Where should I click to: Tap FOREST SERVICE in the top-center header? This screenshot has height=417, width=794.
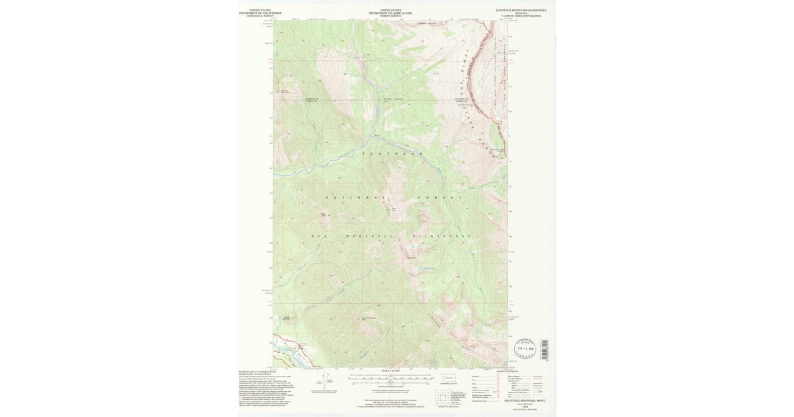(x=390, y=15)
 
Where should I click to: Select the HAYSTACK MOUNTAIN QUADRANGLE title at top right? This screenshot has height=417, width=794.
(x=521, y=10)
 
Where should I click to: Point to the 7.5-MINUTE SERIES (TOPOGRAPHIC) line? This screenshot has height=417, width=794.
(x=521, y=16)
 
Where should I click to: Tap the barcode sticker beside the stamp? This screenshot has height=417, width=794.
(x=545, y=349)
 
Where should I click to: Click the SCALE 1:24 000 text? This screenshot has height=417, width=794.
(x=391, y=370)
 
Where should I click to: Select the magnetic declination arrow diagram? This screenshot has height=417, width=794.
(x=325, y=382)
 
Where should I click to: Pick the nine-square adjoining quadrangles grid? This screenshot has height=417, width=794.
(x=440, y=397)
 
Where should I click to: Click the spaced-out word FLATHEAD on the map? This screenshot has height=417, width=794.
(x=392, y=154)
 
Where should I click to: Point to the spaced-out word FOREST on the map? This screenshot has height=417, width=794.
(x=439, y=198)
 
